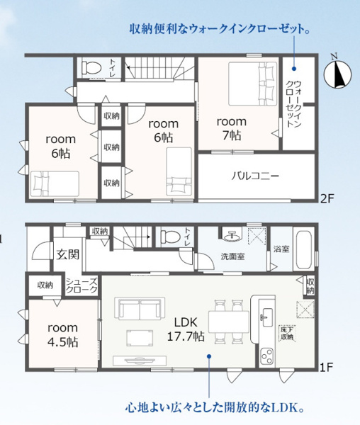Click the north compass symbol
(338, 74)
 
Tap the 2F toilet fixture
(91, 67)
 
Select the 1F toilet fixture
(170, 237)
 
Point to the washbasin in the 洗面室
(232, 234)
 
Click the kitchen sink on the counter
(268, 317)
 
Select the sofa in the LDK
(140, 308)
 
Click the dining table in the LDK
(228, 322)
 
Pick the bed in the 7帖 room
(253, 84)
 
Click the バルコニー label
(255, 176)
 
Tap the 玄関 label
(68, 254)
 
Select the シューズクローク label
(81, 285)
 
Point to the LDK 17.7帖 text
(186, 329)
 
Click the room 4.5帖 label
(63, 335)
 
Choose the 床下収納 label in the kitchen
(288, 334)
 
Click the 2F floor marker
(327, 198)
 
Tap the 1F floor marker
(326, 367)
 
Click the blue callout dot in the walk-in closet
(294, 69)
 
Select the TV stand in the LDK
(140, 361)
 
